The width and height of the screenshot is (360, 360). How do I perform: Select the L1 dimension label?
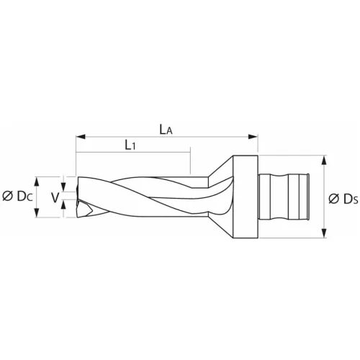click(x=131, y=146)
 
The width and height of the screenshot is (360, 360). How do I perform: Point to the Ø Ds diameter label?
click(x=343, y=198)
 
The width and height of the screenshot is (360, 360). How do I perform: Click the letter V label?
click(x=54, y=196)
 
